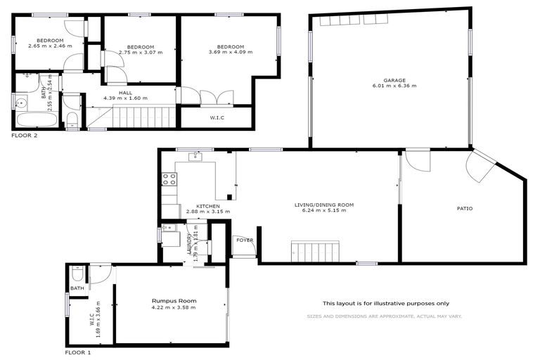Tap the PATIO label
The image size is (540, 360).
click(x=465, y=208)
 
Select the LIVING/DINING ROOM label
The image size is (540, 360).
click(x=323, y=205)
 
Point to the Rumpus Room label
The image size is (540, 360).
click(x=173, y=301)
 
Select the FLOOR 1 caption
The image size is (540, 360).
click(x=78, y=352)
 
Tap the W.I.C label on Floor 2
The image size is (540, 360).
click(x=217, y=117)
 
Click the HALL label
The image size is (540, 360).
click(x=125, y=92)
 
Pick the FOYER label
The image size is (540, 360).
click(x=244, y=240)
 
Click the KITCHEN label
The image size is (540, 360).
click(x=208, y=205)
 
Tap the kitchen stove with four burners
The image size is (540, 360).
click(x=169, y=179)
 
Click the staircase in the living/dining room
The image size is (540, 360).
click(x=316, y=250)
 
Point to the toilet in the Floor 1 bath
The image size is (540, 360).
click(x=78, y=274)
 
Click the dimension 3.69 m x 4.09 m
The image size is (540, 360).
click(x=229, y=52)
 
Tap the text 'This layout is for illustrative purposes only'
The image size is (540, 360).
click(x=385, y=303)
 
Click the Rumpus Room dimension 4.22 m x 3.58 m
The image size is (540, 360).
click(x=173, y=307)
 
